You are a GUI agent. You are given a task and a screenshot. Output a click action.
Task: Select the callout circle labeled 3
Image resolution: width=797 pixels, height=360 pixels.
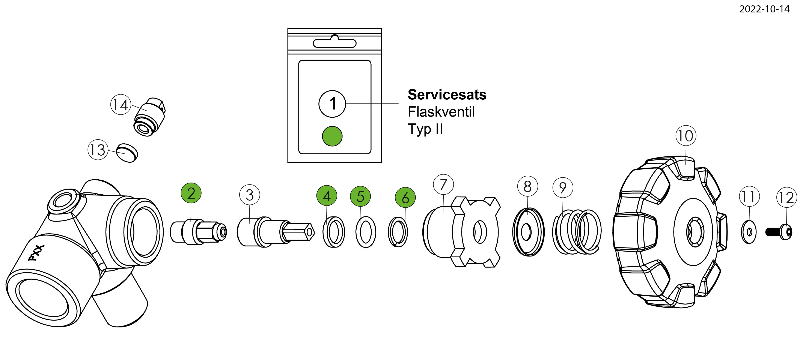tap(250, 195)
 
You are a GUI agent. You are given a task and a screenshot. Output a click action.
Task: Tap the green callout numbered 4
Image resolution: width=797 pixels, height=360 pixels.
tap(327, 196)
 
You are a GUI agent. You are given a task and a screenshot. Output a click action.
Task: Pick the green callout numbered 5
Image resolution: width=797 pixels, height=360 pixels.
tap(360, 196)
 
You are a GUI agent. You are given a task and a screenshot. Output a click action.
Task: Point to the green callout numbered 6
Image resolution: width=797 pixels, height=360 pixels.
tap(405, 198)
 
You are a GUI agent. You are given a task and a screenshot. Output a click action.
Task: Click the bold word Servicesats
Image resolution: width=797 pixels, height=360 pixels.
tap(447, 95)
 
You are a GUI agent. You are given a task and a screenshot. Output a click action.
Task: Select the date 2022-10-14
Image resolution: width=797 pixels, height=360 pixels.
tap(764, 9)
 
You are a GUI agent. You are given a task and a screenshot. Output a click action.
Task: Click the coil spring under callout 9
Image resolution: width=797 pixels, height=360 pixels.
tap(577, 232)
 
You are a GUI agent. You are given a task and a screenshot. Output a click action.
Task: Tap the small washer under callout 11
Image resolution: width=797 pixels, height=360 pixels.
tap(749, 232)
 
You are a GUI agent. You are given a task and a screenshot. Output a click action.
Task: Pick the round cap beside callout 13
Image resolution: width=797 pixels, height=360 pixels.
tap(127, 153)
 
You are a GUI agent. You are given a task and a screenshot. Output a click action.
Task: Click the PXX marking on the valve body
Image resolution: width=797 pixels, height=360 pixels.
tap(36, 253)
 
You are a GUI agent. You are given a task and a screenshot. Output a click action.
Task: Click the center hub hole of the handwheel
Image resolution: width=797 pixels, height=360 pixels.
tap(695, 232)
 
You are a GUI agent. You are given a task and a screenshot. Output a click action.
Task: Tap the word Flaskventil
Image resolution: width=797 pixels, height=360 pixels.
tap(441, 112)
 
